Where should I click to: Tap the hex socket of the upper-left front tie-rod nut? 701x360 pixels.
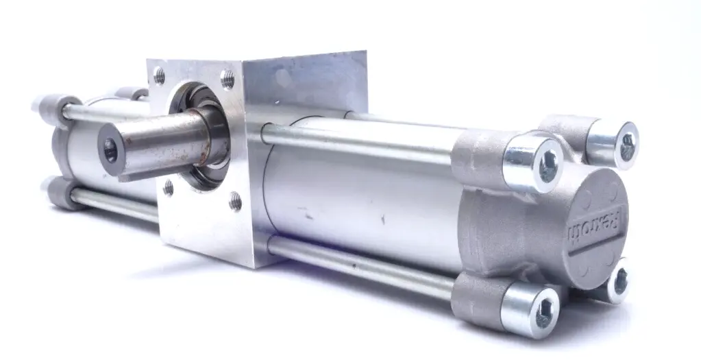point(548,165)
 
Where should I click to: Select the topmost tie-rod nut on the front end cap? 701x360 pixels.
point(613,143)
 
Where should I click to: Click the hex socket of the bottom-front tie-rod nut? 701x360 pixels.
point(543,314)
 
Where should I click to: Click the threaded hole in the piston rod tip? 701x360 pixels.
point(110,150)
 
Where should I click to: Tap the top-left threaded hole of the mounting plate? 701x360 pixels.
point(159,75)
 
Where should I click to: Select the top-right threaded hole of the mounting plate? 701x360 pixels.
point(227,79)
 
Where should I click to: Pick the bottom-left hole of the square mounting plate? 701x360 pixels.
point(168,188)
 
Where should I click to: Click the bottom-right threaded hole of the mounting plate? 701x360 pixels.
point(235,201)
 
